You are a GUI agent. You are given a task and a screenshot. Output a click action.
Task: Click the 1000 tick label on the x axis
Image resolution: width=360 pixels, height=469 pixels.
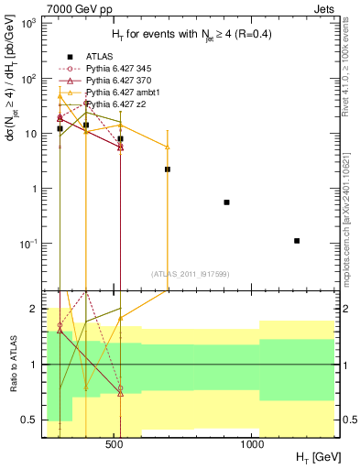click(x=253, y=445)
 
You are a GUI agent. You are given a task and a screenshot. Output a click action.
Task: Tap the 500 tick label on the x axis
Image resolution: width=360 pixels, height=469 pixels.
click(x=115, y=445)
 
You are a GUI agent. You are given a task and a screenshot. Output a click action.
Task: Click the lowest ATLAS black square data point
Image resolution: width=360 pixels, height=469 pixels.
click(x=297, y=241)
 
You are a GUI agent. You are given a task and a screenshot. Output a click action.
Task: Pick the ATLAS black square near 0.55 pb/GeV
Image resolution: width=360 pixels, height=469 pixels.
click(x=226, y=202)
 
